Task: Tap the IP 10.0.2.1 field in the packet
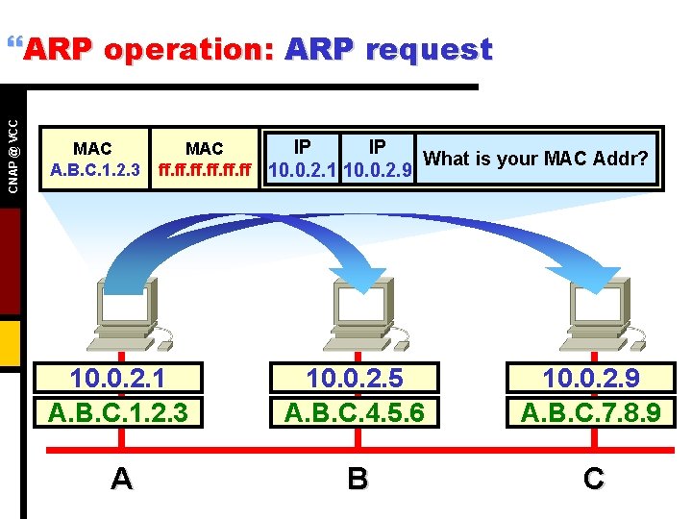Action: (x=302, y=159)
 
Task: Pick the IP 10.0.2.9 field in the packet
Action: (x=378, y=159)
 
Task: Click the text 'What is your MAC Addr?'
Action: (x=536, y=158)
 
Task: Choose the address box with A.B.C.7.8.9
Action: (x=590, y=395)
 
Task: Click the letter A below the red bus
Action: (x=121, y=479)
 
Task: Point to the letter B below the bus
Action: (x=358, y=479)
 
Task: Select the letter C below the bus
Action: (x=594, y=479)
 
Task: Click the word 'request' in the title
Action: (x=429, y=50)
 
